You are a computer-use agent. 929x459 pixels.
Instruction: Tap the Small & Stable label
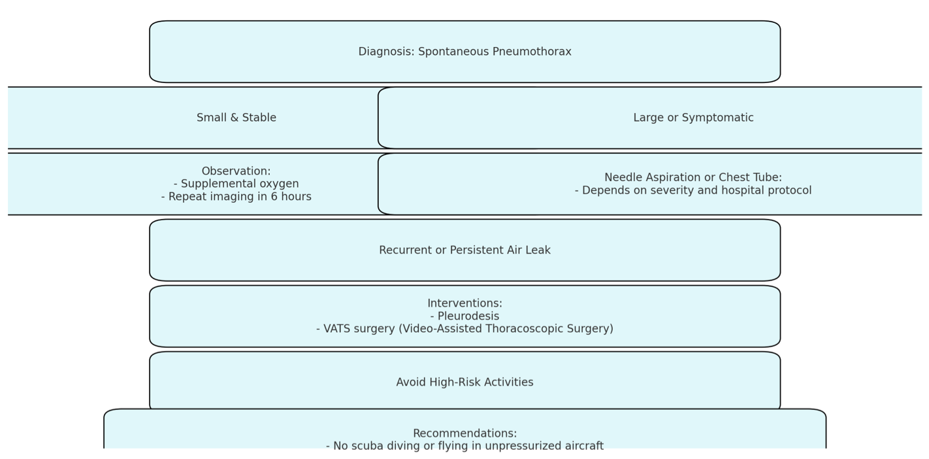click(236, 118)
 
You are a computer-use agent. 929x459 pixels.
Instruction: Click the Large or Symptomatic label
click(693, 118)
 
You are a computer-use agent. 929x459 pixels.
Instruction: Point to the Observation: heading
click(236, 171)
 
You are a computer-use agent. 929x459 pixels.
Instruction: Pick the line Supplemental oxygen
click(236, 184)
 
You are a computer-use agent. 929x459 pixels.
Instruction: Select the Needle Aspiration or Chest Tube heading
click(693, 178)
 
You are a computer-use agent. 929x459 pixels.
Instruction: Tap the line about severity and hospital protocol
click(693, 190)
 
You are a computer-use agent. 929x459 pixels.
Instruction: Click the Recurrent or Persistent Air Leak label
click(464, 250)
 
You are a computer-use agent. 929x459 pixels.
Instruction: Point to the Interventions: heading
click(464, 303)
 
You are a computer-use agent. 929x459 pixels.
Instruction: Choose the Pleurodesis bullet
click(464, 316)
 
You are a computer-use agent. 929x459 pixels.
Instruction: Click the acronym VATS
click(336, 329)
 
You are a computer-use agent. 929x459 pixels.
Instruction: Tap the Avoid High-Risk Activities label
click(464, 382)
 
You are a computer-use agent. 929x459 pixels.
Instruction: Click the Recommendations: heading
click(464, 433)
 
